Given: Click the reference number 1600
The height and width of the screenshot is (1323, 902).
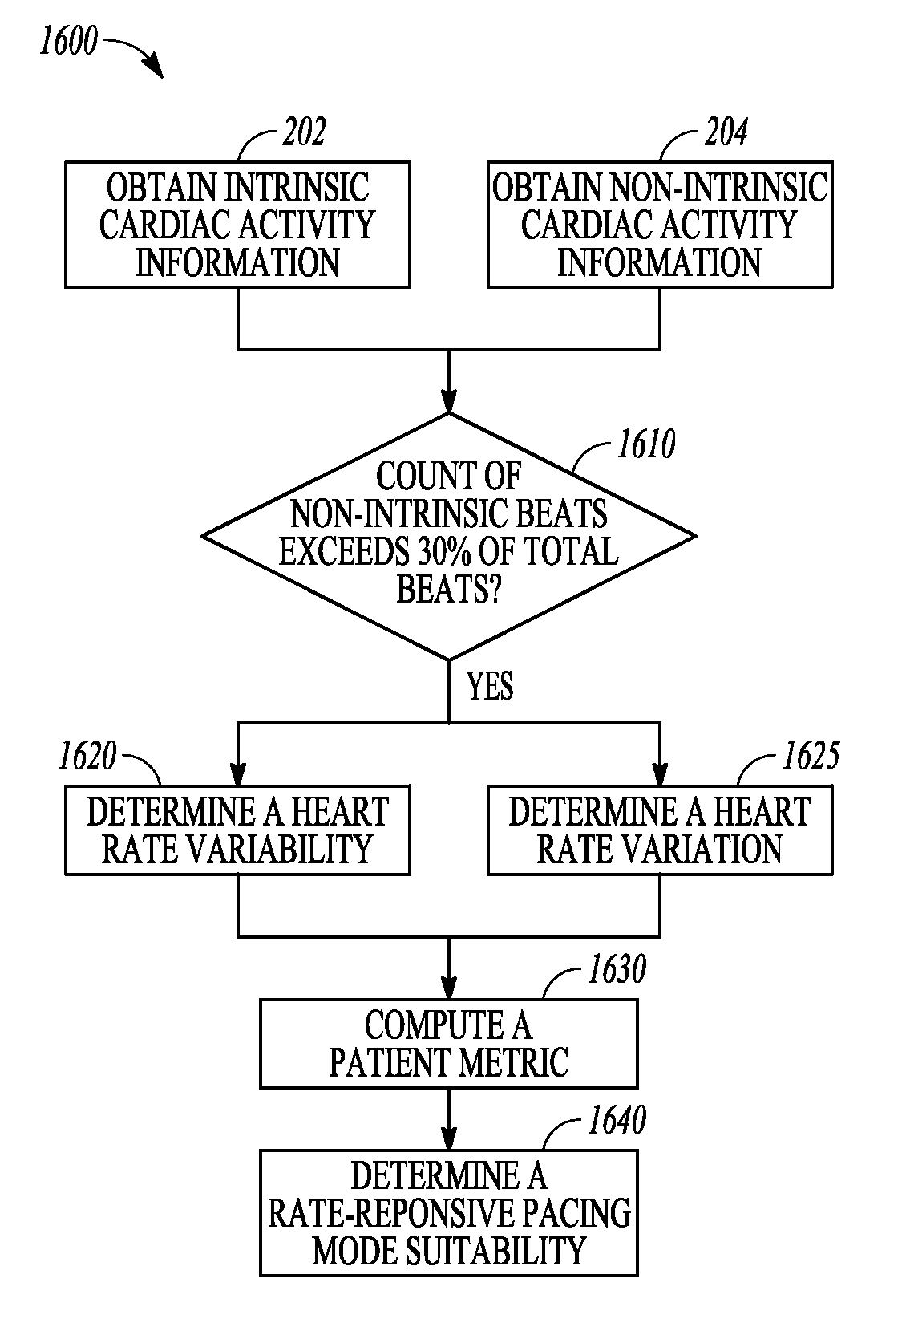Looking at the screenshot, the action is pyautogui.click(x=68, y=41).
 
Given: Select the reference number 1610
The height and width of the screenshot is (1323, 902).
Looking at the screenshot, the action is pyautogui.click(x=646, y=444).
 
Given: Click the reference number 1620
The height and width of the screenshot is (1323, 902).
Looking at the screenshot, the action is pyautogui.click(x=87, y=756).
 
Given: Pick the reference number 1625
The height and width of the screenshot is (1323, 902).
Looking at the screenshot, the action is pyautogui.click(x=811, y=756).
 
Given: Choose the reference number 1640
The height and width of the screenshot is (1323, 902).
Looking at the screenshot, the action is pyautogui.click(x=617, y=1120).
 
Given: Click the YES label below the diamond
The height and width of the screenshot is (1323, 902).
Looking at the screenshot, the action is pyautogui.click(x=490, y=686).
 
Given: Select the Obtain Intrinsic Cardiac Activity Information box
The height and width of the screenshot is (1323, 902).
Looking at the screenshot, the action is pyautogui.click(x=237, y=225).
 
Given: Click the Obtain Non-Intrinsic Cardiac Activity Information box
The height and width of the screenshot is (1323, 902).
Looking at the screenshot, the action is pyautogui.click(x=660, y=225).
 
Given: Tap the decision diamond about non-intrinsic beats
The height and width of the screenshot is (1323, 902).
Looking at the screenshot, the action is pyautogui.click(x=449, y=536).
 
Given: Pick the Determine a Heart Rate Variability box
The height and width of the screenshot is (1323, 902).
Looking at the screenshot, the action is pyautogui.click(x=237, y=830).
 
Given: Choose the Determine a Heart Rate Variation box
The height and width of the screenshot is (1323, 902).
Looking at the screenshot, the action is pyautogui.click(x=660, y=830).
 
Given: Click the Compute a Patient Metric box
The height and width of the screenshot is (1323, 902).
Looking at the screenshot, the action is pyautogui.click(x=449, y=1044).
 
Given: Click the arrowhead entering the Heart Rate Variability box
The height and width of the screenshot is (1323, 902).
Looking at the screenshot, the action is pyautogui.click(x=238, y=774).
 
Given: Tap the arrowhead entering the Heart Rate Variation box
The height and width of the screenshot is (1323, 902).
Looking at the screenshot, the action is pyautogui.click(x=660, y=774).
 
